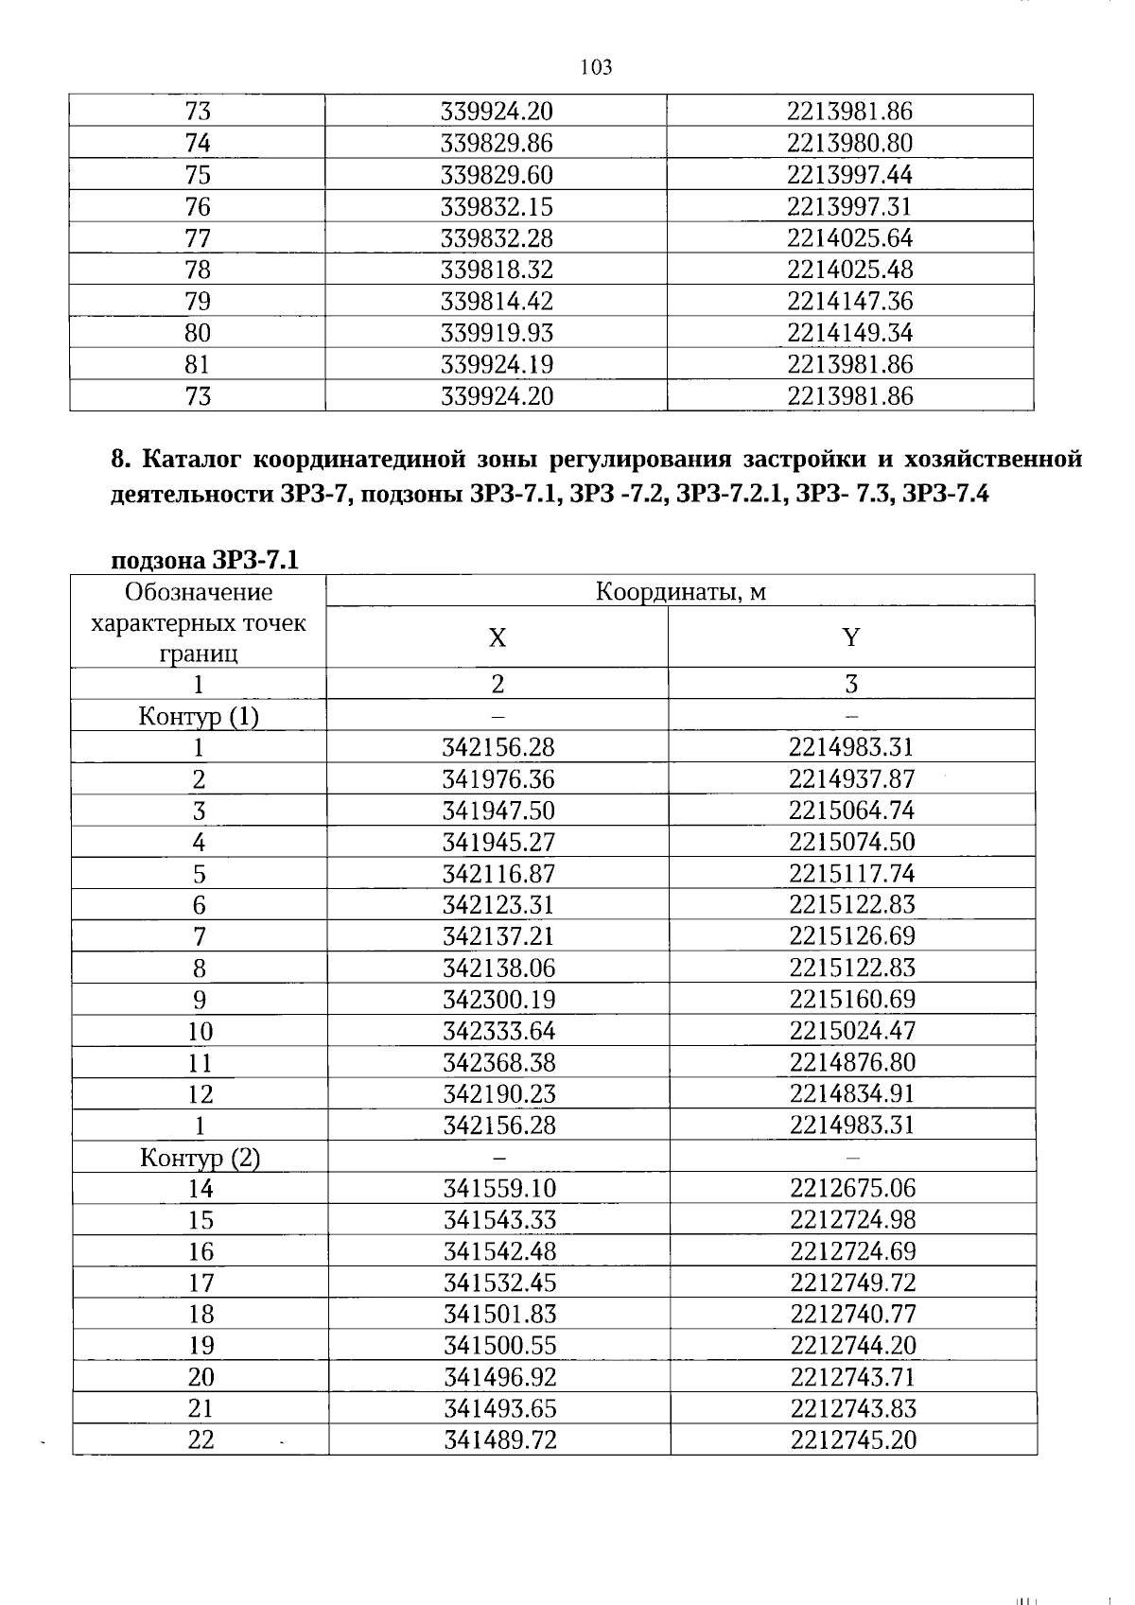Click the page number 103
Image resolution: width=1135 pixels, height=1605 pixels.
596,67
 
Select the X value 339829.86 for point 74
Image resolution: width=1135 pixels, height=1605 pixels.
497,144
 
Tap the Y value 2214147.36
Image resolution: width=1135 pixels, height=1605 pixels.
850,302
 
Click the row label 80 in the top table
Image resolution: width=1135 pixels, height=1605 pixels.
198,333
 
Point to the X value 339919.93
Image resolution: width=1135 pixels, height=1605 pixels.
497,333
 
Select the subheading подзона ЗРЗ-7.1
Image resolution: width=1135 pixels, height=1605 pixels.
205,560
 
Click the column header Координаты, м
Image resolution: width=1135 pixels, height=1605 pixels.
680,592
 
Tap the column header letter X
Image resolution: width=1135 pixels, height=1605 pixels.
497,637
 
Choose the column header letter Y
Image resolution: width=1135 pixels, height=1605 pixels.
851,637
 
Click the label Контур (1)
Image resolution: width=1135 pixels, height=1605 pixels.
199,716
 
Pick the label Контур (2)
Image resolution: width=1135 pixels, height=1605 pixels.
200,1158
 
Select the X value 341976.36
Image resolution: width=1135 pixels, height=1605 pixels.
498,779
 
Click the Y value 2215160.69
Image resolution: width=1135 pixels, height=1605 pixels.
852,1000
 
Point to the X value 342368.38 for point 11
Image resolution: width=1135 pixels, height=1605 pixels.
499,1062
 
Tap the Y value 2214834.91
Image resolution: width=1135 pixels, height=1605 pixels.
852,1094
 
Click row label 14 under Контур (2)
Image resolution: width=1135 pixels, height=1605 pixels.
201,1189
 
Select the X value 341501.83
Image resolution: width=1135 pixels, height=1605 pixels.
499,1315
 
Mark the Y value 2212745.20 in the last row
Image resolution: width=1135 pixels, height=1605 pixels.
853,1440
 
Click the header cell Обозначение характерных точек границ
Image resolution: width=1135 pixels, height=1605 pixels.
199,622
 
